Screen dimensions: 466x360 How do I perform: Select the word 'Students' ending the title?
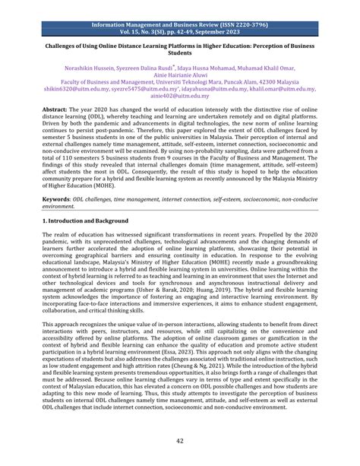(179, 54)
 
